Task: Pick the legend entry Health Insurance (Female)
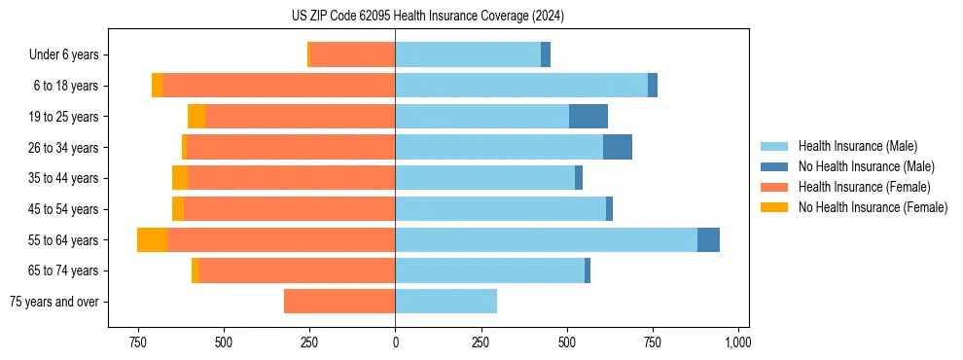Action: [864, 187]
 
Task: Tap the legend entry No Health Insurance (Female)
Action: [873, 207]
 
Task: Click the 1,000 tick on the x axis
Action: [737, 342]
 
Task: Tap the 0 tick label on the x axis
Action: [395, 342]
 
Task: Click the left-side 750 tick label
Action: [138, 342]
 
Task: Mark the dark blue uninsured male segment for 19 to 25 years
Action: [588, 117]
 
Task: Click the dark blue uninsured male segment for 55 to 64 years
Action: [708, 240]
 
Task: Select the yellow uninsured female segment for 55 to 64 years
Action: [153, 240]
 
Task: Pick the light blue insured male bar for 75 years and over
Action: [446, 302]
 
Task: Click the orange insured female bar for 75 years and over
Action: [339, 302]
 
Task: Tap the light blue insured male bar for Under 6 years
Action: [468, 55]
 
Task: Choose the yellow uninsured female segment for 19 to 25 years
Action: [196, 117]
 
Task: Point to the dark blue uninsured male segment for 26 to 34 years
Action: [618, 148]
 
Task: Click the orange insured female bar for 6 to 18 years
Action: [278, 86]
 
